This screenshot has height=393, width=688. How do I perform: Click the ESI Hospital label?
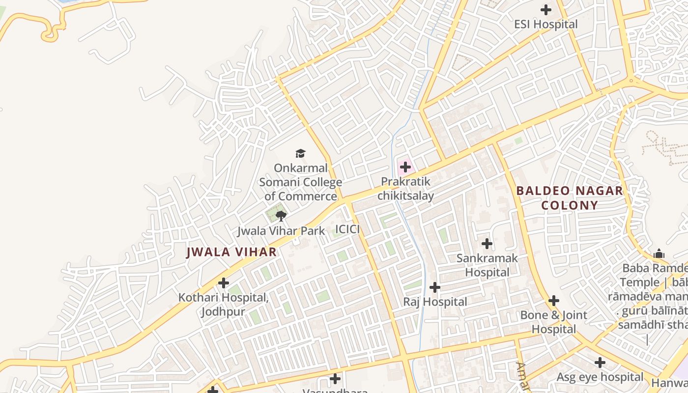(545, 24)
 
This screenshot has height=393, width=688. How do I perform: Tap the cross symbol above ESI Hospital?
(545, 10)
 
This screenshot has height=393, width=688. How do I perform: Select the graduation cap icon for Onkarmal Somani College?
(300, 154)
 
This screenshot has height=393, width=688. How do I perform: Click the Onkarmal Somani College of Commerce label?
(300, 182)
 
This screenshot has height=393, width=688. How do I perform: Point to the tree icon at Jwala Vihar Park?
(281, 216)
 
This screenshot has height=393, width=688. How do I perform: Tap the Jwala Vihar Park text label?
(281, 231)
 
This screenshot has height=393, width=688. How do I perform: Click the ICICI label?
(347, 229)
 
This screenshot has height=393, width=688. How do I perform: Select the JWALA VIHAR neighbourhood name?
(231, 253)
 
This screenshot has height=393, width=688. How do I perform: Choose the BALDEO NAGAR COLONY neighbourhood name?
(570, 198)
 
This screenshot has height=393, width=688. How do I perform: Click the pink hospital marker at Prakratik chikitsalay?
(405, 167)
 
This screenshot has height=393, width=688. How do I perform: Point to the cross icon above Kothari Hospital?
(224, 283)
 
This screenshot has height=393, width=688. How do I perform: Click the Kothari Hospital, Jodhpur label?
(223, 305)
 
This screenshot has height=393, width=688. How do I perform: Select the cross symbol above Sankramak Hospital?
(487, 244)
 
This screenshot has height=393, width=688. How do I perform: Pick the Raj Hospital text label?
(435, 302)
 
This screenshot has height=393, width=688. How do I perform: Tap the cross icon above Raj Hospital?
(435, 287)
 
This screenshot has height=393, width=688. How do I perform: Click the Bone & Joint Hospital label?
(554, 322)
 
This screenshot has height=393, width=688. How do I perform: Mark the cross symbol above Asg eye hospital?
(600, 363)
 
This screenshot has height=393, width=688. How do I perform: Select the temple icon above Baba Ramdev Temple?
(659, 254)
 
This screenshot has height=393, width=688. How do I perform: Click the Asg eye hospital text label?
(600, 377)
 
